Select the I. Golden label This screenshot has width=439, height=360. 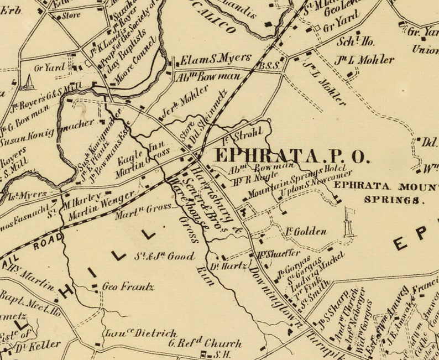(x=306, y=232)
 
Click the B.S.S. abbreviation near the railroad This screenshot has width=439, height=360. (x=271, y=65)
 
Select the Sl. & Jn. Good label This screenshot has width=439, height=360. (x=165, y=257)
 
